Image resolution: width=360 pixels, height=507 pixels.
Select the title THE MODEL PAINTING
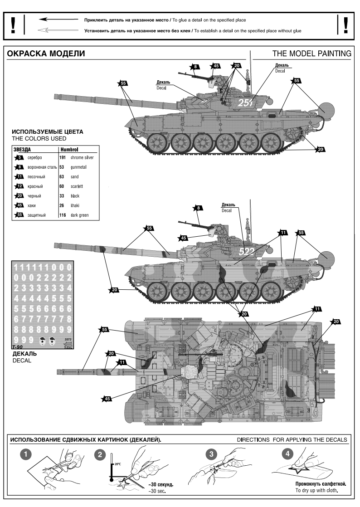click(311, 54)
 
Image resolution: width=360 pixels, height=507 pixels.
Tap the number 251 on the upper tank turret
click(245, 103)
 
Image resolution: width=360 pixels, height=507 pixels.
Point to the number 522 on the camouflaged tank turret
click(247, 252)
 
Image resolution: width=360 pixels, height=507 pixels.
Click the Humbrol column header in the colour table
click(70, 149)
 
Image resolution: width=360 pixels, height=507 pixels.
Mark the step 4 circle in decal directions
click(286, 453)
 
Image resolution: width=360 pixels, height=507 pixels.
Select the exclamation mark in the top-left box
click(14, 25)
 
